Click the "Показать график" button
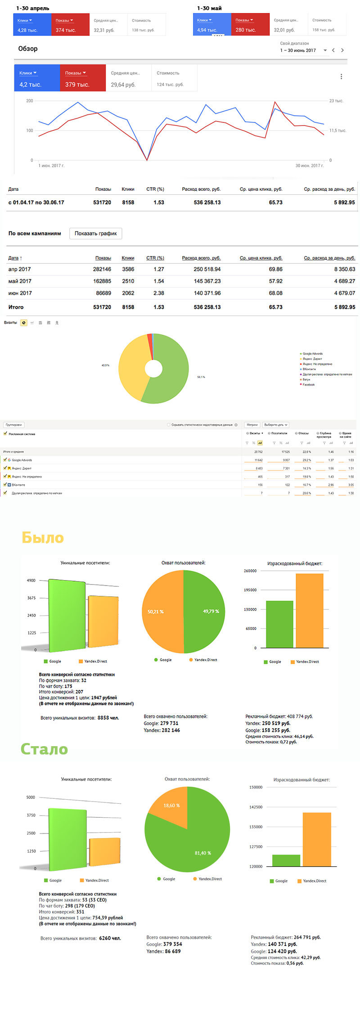[x=95, y=234]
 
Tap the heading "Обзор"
[x=28, y=49]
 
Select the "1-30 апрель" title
[x=33, y=8]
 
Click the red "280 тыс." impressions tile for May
[x=250, y=25]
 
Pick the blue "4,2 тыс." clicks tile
[x=37, y=78]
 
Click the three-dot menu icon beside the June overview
[x=341, y=77]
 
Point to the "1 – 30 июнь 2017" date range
[x=298, y=50]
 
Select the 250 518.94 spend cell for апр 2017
[x=207, y=269]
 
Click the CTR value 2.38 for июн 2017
[x=158, y=293]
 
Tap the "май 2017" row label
[x=19, y=281]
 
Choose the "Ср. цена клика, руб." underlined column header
[x=261, y=258]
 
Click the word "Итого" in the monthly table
[x=16, y=307]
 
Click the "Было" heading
[x=43, y=537]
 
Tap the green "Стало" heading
[x=44, y=749]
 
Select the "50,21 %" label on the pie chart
[x=156, y=612]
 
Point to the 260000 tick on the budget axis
[x=250, y=571]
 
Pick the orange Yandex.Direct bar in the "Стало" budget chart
[x=317, y=839]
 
